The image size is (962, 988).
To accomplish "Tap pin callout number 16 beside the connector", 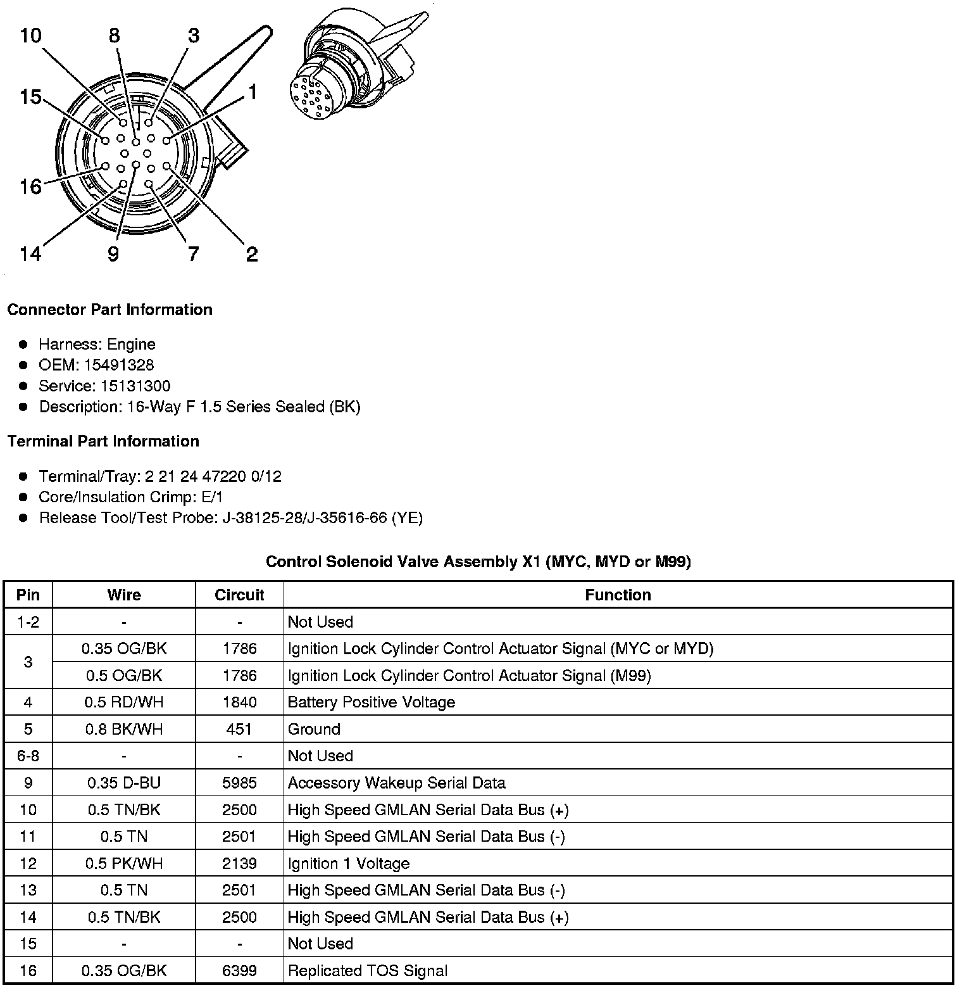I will (30, 187).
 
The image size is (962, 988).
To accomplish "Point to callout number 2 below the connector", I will (251, 255).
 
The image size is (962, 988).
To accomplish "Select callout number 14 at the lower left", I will (30, 255).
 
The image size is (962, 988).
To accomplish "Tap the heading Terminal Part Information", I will (103, 441).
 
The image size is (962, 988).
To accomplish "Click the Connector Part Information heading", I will (109, 310).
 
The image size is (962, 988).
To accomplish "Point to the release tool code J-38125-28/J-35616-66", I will (304, 518).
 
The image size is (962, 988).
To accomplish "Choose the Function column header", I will (618, 595).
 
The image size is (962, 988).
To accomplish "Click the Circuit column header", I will (239, 595).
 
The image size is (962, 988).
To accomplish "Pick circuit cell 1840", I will (239, 702).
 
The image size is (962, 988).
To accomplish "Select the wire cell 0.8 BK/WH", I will (124, 730).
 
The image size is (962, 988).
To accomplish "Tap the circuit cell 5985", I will (239, 783).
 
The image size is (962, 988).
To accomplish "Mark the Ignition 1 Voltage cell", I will (349, 864).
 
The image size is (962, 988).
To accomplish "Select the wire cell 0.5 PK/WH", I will (124, 864).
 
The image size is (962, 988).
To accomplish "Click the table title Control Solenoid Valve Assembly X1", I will (478, 562).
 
